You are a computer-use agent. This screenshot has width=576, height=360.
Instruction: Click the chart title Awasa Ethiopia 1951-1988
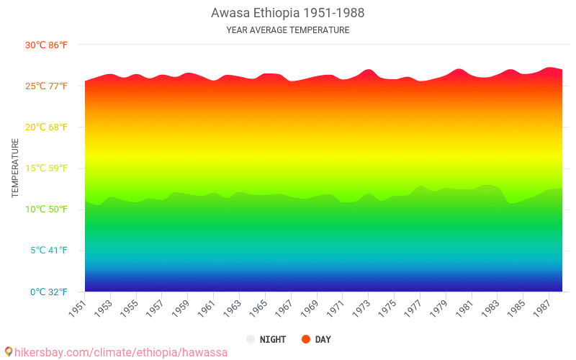tap(287, 14)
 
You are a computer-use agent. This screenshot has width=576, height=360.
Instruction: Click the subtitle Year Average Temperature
tap(287, 30)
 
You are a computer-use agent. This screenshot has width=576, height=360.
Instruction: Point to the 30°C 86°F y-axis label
tap(46, 45)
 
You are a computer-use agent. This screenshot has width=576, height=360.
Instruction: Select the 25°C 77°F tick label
tap(46, 86)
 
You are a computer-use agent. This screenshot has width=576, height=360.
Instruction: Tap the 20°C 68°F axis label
tap(46, 127)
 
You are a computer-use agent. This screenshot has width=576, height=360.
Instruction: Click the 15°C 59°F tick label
tap(46, 168)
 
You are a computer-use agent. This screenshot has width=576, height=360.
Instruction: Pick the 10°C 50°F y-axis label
tap(46, 210)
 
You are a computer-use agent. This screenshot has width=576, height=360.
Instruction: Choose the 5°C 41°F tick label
tap(48, 251)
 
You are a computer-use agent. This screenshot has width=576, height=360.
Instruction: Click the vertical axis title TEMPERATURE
tap(15, 168)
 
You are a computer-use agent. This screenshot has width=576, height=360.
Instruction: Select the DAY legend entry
tap(323, 339)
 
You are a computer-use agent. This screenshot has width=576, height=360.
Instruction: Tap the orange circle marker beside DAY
tap(306, 339)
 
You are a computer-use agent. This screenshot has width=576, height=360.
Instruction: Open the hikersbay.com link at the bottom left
tap(121, 352)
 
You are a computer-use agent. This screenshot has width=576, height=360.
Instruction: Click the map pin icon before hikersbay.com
tap(8, 351)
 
